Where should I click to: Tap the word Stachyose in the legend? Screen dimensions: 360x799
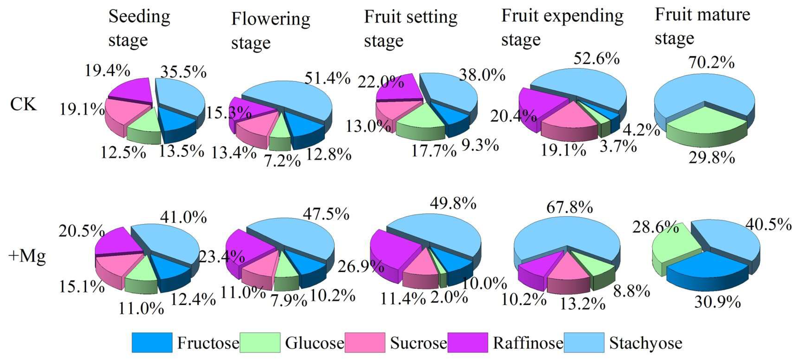(645, 343)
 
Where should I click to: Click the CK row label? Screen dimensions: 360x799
(23, 104)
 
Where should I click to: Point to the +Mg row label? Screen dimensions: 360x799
(27, 256)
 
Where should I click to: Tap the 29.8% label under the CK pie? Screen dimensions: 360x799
(711, 158)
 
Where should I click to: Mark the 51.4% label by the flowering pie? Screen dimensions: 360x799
(327, 78)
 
